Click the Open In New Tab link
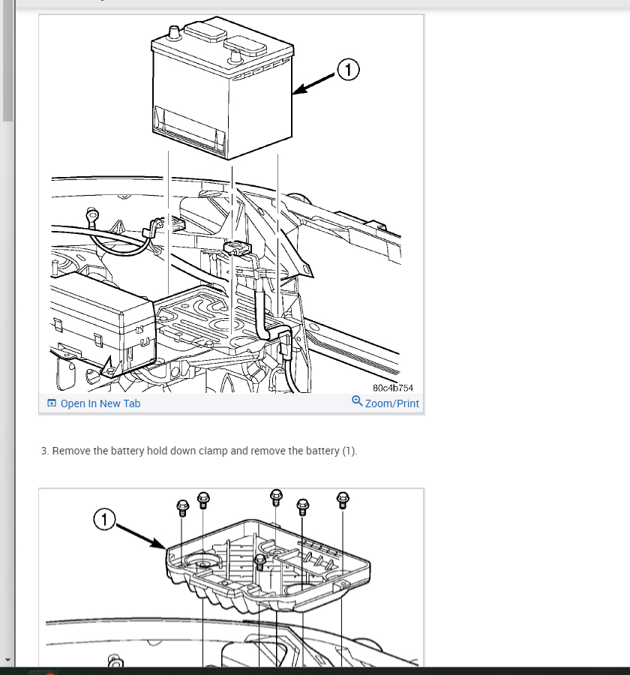[100, 403]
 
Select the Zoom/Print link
[391, 403]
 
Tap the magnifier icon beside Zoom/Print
[357, 401]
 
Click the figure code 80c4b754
[393, 388]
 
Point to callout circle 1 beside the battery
[348, 70]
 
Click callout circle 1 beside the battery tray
[104, 520]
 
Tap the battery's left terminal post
[173, 32]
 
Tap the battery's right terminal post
[235, 55]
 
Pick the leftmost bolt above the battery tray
[182, 508]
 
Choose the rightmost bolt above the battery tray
[342, 500]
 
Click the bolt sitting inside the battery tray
[259, 561]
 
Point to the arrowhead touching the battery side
[300, 89]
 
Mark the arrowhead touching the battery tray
[159, 544]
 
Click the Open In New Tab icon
[52, 403]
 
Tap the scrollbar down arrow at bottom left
[7, 659]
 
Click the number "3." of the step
[45, 451]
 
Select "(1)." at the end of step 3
[349, 451]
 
